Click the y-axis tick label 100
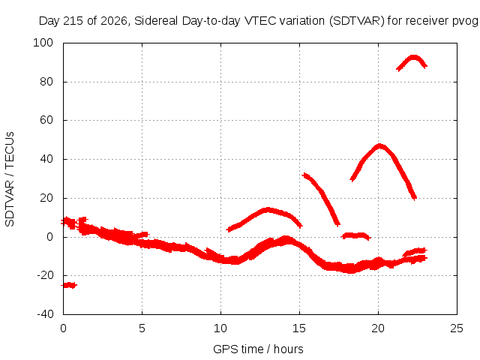43,43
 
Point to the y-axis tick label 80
46,82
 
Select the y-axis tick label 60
46,120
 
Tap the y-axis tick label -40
45,314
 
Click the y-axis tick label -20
45,275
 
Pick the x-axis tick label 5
142,328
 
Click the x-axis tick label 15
299,328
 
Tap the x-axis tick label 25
457,328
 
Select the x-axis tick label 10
220,328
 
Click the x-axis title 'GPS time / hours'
258,349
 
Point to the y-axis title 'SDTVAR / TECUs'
10,179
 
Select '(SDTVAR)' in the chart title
357,21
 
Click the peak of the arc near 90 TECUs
414,58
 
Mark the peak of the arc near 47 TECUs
379,146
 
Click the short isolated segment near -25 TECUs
69,285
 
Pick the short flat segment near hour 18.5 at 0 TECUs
355,235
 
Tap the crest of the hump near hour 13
268,210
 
